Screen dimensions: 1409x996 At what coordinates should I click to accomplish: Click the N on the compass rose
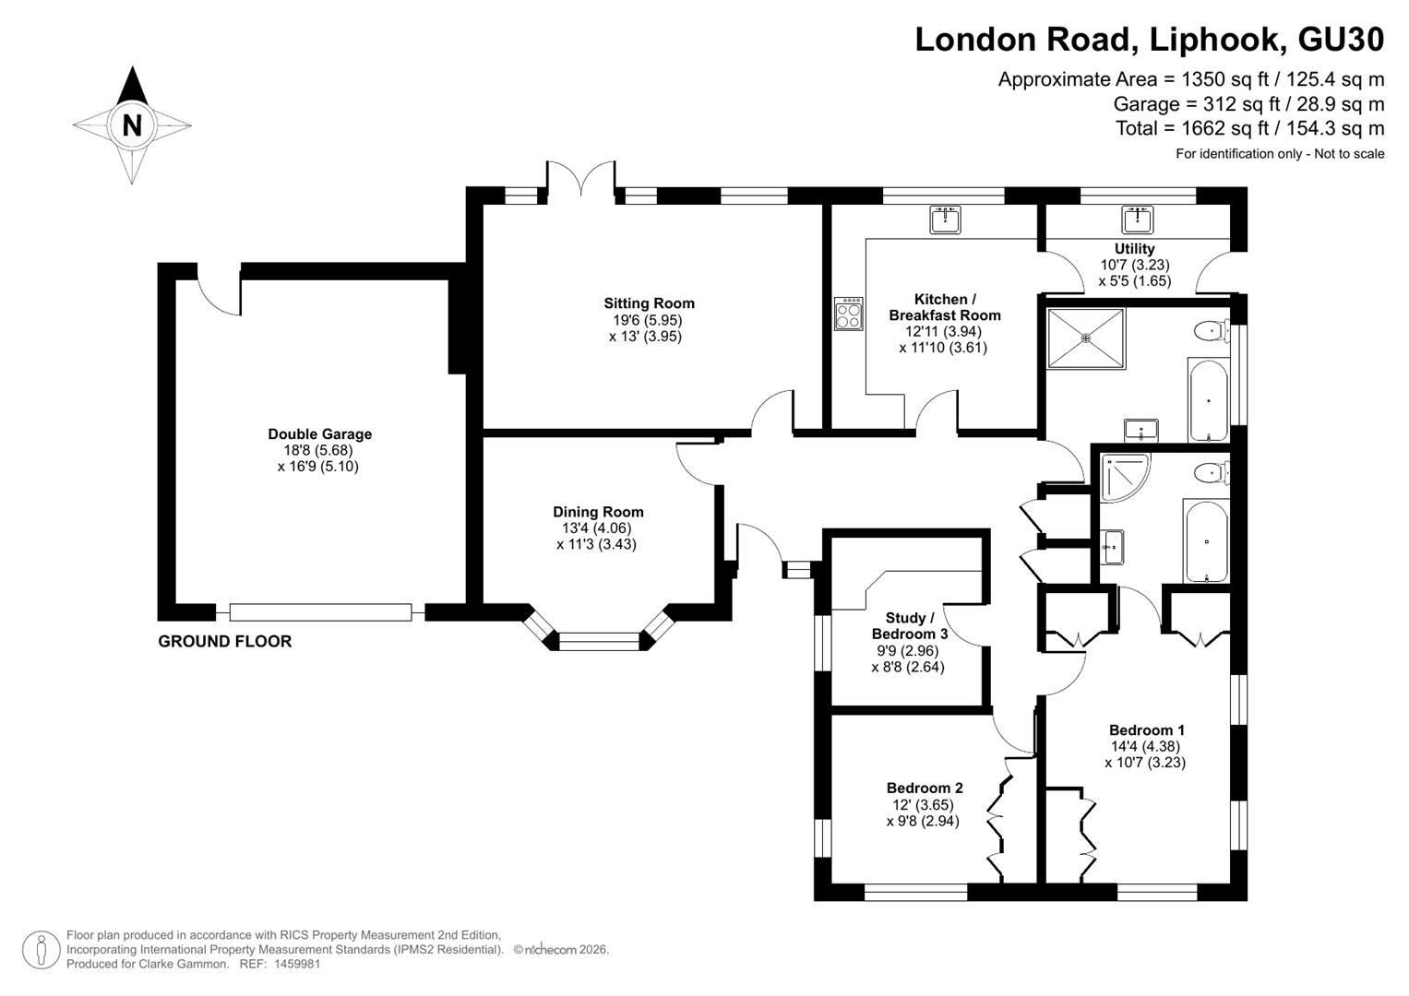pyautogui.click(x=132, y=125)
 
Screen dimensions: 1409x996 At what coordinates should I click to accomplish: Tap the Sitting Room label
pyautogui.click(x=650, y=303)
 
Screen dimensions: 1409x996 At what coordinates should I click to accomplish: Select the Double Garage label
pyautogui.click(x=319, y=433)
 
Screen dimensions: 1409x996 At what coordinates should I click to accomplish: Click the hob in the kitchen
pyautogui.click(x=849, y=314)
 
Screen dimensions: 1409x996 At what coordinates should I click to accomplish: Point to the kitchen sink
pyautogui.click(x=945, y=220)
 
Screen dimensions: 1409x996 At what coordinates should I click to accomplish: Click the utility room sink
pyautogui.click(x=1138, y=220)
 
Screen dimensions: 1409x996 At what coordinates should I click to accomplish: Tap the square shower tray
pyautogui.click(x=1086, y=338)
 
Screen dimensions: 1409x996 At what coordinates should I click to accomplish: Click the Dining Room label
pyautogui.click(x=598, y=512)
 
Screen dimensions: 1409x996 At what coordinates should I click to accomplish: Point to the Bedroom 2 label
pyautogui.click(x=925, y=788)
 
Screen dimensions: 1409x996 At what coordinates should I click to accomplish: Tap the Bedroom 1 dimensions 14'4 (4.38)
pyautogui.click(x=1145, y=746)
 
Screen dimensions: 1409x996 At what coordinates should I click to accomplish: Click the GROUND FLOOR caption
pyautogui.click(x=224, y=641)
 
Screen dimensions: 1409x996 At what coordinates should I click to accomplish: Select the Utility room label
pyautogui.click(x=1135, y=248)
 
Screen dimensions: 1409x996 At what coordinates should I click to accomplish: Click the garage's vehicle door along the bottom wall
pyautogui.click(x=321, y=611)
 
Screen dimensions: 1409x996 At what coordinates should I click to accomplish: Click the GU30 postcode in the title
pyautogui.click(x=1341, y=39)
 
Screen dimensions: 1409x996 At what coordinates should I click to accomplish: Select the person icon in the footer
pyautogui.click(x=42, y=950)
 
